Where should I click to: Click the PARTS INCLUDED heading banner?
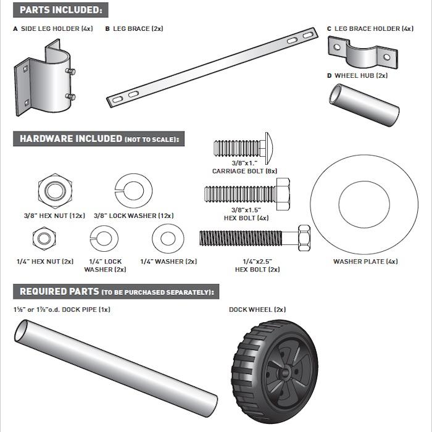click(x=60, y=10)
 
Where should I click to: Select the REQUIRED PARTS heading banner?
click(x=117, y=291)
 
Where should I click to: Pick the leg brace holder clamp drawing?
click(x=361, y=54)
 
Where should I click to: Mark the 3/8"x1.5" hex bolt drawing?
click(x=246, y=193)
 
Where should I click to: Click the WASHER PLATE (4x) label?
click(x=365, y=262)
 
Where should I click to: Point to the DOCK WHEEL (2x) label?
click(x=257, y=310)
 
